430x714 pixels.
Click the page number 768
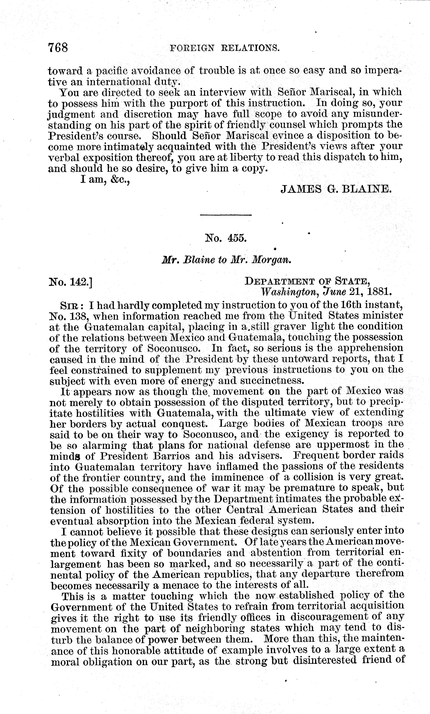pyautogui.click(x=58, y=47)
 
